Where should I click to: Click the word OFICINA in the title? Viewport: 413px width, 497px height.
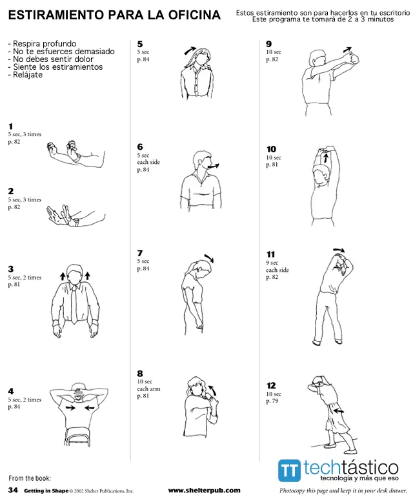coord(194,15)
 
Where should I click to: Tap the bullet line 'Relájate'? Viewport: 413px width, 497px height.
coord(25,75)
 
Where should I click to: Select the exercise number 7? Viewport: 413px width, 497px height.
coord(140,253)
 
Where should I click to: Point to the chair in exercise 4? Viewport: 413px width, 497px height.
coord(77,437)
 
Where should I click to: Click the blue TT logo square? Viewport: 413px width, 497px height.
coord(289,470)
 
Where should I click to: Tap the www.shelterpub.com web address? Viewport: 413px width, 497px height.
coord(204,491)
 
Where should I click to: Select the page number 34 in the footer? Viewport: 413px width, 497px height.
coord(13,490)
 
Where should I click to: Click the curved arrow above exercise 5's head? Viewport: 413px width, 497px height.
coord(190,50)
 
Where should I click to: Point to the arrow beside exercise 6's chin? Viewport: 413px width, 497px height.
coord(213,166)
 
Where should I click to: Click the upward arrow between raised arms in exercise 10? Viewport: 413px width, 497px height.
coord(325,157)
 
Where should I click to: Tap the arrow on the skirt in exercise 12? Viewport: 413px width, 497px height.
coord(338,411)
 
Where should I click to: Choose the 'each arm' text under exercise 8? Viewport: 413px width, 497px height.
coord(148,389)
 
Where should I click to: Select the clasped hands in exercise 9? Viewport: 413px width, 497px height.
coord(352,58)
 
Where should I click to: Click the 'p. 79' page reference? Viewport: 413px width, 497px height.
coord(272,401)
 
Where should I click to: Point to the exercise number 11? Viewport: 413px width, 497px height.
coord(270,254)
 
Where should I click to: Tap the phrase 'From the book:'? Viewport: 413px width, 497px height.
coord(30,478)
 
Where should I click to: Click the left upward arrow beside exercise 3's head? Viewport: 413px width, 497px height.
coord(63,276)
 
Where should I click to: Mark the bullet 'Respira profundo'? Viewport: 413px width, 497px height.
coord(42,44)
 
